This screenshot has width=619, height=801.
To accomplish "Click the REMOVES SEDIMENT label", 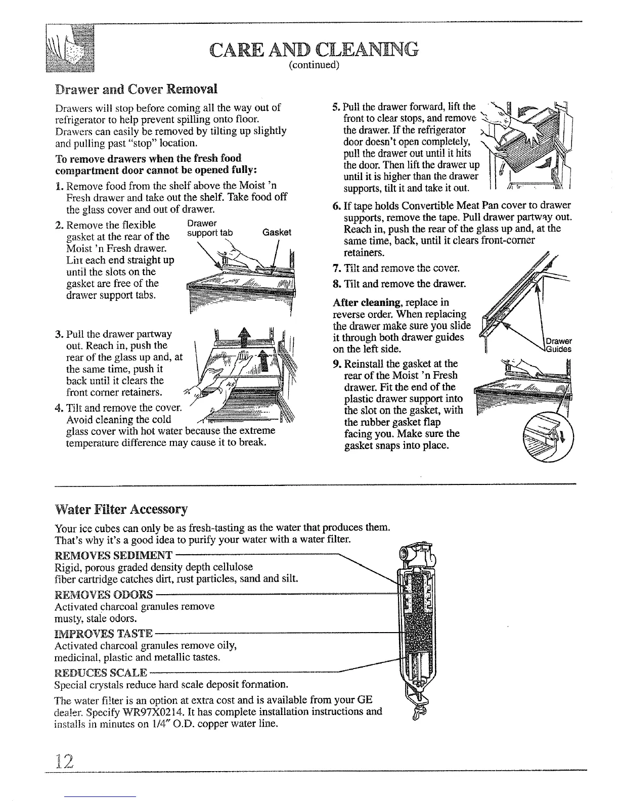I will [x=113, y=554].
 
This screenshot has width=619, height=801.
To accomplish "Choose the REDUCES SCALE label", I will [x=101, y=673].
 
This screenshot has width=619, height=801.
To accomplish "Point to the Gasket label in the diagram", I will [x=277, y=233].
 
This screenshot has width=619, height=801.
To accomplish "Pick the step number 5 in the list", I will [x=336, y=107].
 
